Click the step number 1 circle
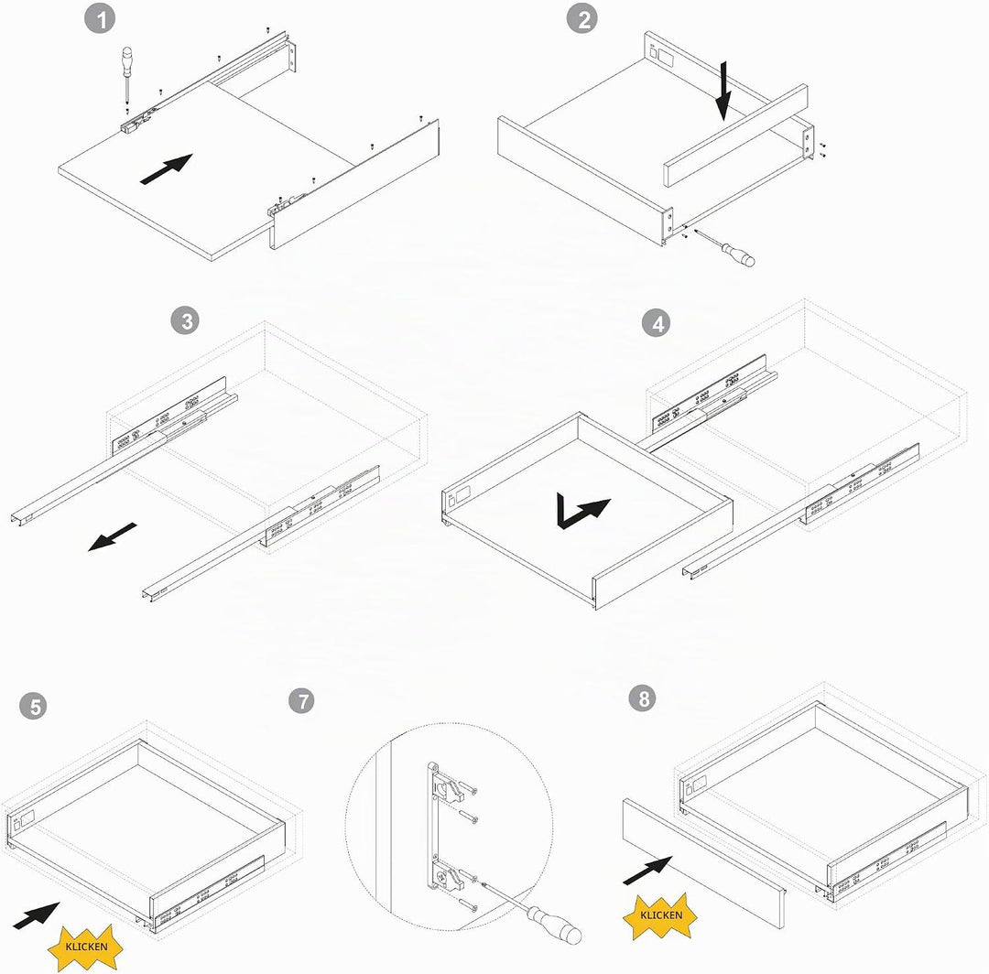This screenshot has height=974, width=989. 100,19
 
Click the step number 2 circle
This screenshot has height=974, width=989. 581,19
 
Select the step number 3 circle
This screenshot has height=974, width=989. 185,321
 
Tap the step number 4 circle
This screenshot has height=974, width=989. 657,323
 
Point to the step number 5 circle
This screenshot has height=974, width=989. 34,706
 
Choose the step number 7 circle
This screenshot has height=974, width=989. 301,700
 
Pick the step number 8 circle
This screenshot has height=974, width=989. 644,698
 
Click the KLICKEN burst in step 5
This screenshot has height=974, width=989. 86,947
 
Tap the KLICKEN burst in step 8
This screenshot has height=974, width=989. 660,915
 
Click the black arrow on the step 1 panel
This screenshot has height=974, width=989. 166,169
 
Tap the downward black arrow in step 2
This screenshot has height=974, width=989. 723,91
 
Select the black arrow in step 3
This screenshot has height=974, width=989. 112,536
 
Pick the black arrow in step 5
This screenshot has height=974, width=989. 36,916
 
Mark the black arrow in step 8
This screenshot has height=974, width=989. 647,870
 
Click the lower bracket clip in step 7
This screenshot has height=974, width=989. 449,876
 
